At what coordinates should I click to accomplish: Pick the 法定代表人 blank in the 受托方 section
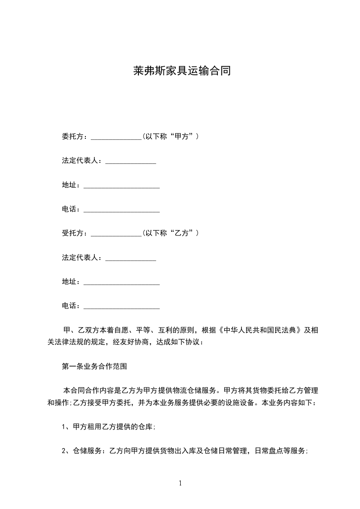(x=131, y=259)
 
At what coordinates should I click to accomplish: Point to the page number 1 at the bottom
(x=180, y=483)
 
